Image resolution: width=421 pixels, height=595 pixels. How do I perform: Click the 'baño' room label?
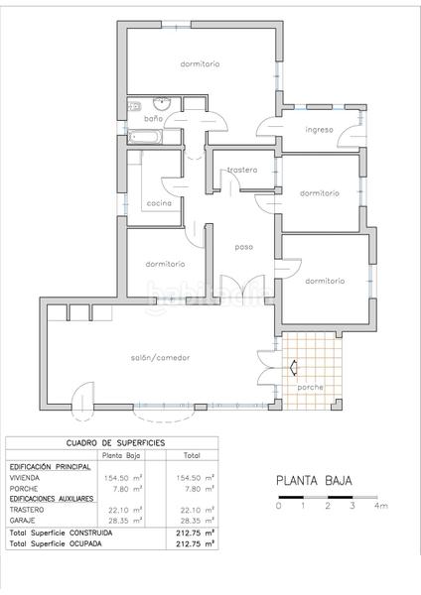click(x=153, y=119)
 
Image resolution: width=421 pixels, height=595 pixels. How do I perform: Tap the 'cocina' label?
click(x=159, y=202)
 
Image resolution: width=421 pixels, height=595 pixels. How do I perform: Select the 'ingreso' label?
click(x=319, y=130)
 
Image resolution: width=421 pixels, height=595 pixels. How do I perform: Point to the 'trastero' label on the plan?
click(x=241, y=170)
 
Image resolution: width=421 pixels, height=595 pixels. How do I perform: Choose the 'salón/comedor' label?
click(x=159, y=357)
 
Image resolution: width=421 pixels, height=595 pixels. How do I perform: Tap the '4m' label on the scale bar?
click(x=380, y=506)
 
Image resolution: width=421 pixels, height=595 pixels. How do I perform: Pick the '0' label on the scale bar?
click(x=279, y=506)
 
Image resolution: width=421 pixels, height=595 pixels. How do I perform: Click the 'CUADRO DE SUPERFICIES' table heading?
click(x=115, y=442)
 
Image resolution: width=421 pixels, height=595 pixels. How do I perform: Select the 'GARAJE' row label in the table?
click(x=23, y=519)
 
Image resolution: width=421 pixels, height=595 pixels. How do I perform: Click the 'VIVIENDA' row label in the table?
click(x=25, y=477)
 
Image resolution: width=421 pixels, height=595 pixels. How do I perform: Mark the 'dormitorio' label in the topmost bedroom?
click(x=200, y=63)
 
